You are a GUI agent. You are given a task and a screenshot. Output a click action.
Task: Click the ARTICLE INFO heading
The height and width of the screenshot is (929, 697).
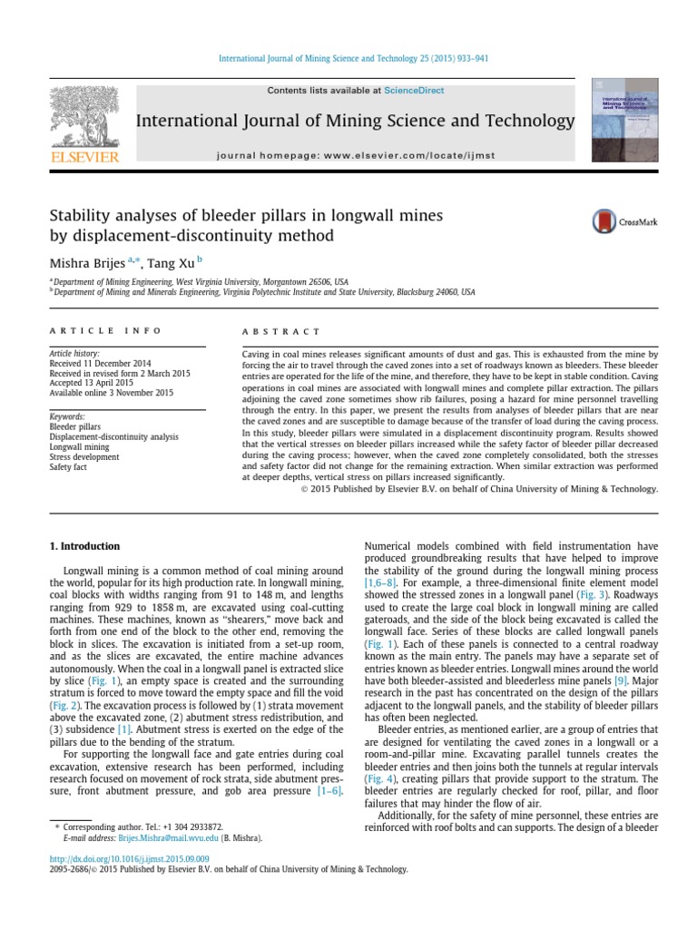coord(106,332)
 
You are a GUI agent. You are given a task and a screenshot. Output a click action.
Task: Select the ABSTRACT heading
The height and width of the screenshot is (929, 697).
coord(281,332)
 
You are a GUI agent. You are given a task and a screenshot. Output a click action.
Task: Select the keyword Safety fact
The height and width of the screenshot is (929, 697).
coord(68,468)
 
